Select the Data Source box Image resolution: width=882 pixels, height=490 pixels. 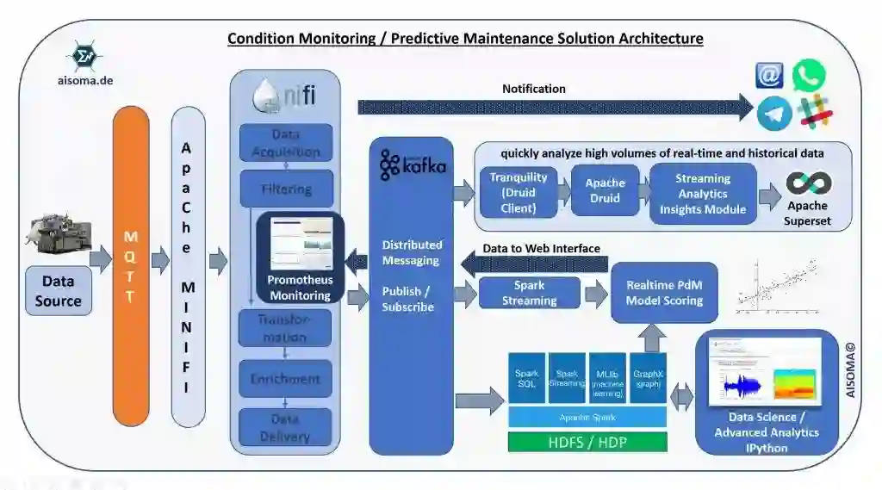click(x=59, y=290)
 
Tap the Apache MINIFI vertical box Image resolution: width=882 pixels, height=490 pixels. click(x=189, y=267)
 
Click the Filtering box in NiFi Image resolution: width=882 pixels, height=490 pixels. click(x=285, y=189)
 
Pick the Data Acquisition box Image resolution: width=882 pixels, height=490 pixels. click(x=285, y=143)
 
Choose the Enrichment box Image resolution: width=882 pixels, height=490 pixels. click(x=285, y=379)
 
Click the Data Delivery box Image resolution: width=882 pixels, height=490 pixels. click(x=285, y=426)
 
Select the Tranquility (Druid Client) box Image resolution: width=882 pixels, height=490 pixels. click(x=519, y=193)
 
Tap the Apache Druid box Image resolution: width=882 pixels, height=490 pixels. click(x=605, y=191)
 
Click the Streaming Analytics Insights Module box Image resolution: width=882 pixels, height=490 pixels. click(x=703, y=194)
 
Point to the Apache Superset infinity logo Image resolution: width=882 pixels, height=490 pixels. click(x=808, y=183)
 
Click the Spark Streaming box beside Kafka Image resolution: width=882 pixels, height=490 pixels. click(x=529, y=293)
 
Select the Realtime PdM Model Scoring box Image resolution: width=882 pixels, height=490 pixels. click(x=664, y=293)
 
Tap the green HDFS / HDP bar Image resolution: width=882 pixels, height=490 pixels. click(x=587, y=443)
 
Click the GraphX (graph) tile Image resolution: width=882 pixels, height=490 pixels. click(x=649, y=378)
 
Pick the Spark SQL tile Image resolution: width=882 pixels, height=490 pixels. click(x=526, y=378)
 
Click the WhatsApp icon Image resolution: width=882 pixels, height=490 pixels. click(x=808, y=75)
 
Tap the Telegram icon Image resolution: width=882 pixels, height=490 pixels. click(x=774, y=113)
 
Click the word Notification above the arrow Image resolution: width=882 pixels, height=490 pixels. click(x=534, y=89)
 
